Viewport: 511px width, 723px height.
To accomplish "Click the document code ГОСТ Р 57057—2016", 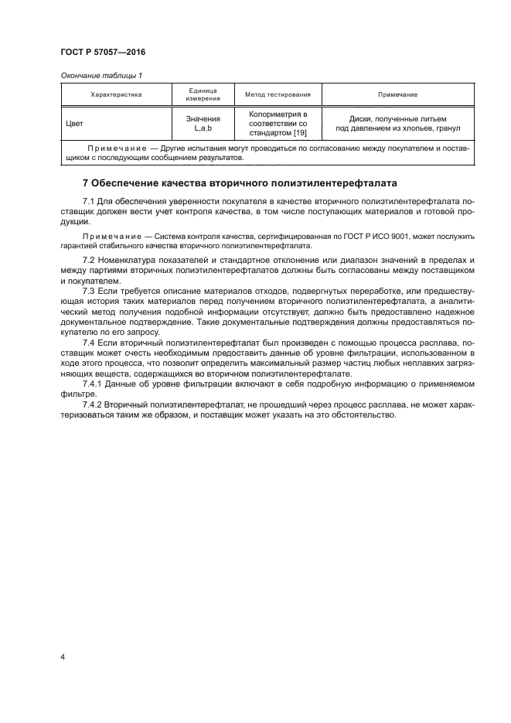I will click(103, 52).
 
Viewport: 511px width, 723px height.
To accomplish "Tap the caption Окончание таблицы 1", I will click(100, 75).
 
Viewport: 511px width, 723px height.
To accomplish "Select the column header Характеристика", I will click(117, 94).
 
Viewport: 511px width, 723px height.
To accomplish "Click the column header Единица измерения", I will click(203, 94).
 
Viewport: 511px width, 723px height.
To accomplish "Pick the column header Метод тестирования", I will click(277, 94).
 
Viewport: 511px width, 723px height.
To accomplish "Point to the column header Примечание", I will click(397, 94).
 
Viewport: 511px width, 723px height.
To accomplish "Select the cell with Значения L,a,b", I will click(203, 122).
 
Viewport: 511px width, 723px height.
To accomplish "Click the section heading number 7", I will click(85, 183).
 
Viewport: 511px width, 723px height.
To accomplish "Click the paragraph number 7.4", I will click(89, 341).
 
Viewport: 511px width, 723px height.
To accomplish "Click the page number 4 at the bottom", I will click(62, 657).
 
